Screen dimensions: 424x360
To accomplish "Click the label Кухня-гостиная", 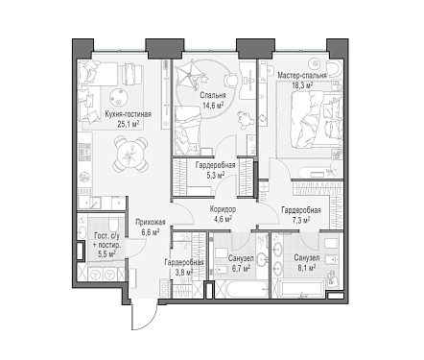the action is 129,114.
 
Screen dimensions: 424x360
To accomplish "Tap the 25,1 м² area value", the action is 129,124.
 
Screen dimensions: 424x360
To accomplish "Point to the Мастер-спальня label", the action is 302,76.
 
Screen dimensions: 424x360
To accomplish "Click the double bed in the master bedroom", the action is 316,119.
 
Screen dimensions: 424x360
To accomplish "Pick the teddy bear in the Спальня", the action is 246,120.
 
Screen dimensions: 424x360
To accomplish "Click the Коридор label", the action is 223,209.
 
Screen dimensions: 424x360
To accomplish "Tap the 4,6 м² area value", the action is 224,219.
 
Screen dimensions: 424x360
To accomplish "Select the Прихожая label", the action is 151,223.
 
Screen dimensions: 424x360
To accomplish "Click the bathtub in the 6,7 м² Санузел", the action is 242,290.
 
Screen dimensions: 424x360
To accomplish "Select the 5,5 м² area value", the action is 106,254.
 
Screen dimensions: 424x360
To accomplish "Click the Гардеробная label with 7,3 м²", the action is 301,210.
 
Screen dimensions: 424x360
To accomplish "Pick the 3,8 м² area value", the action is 183,272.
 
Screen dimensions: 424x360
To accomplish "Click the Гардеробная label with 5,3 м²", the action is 216,165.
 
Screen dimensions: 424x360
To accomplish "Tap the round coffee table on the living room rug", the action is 119,96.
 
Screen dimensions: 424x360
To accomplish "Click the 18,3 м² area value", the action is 302,85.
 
